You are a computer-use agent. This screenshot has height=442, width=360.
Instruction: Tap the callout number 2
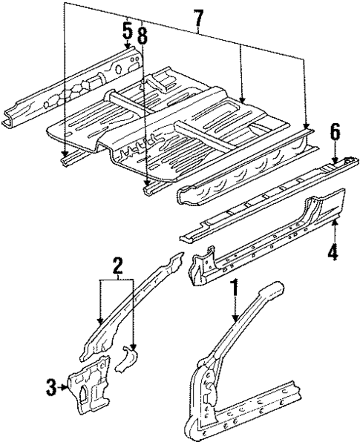tap(116, 265)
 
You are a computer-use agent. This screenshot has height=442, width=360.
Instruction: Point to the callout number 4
tap(333, 251)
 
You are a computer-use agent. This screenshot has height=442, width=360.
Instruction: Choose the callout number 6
tap(335, 133)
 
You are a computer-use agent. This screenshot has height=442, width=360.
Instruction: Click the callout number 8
tap(142, 35)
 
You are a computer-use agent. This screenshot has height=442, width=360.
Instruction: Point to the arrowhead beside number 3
tap(65, 385)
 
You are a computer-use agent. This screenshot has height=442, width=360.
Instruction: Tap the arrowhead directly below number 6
tap(335, 159)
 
